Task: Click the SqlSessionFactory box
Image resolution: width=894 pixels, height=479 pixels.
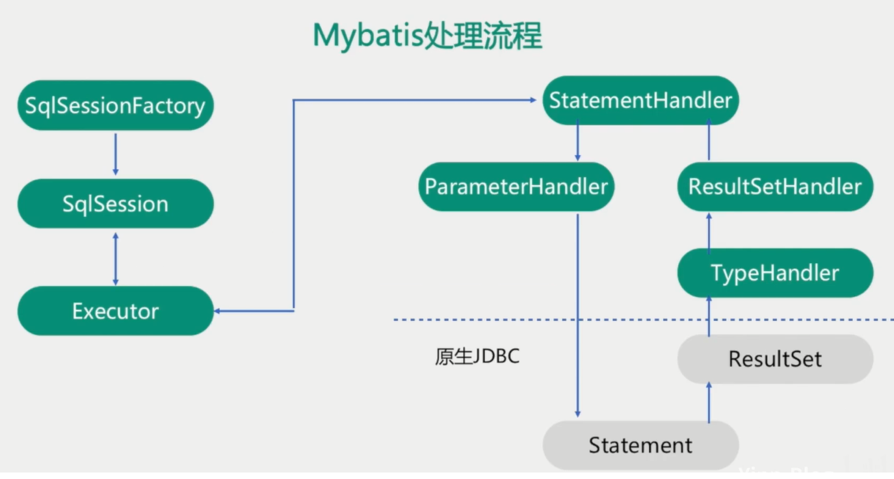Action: (115, 105)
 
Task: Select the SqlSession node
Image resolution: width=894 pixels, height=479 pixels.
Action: (115, 204)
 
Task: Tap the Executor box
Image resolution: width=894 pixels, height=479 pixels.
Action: (115, 311)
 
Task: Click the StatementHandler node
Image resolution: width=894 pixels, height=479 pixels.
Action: (640, 101)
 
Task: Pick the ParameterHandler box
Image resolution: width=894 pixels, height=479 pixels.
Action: (516, 187)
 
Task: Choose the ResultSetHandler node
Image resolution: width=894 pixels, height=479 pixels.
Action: (775, 187)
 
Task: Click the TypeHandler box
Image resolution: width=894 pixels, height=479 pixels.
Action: (775, 273)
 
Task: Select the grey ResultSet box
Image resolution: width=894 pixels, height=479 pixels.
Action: (775, 359)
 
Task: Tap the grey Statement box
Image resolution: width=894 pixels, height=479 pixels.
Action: (640, 445)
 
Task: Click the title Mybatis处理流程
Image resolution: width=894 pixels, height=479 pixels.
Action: (427, 36)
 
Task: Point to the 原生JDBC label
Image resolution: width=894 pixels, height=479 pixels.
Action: (477, 357)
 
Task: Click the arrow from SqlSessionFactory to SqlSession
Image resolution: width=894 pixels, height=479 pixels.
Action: (116, 154)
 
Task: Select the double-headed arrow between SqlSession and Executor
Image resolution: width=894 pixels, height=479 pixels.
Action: (116, 258)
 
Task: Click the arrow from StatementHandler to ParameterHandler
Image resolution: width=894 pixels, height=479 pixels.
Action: (577, 143)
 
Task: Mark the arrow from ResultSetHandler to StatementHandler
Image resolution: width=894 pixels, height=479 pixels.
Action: (709, 143)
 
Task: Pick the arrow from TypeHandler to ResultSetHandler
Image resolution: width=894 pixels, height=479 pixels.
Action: (709, 230)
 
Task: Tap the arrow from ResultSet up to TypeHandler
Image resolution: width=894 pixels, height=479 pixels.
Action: (709, 317)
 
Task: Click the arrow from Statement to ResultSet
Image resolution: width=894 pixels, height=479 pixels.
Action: (709, 402)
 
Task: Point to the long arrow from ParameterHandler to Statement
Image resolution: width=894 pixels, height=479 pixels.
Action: (577, 312)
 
